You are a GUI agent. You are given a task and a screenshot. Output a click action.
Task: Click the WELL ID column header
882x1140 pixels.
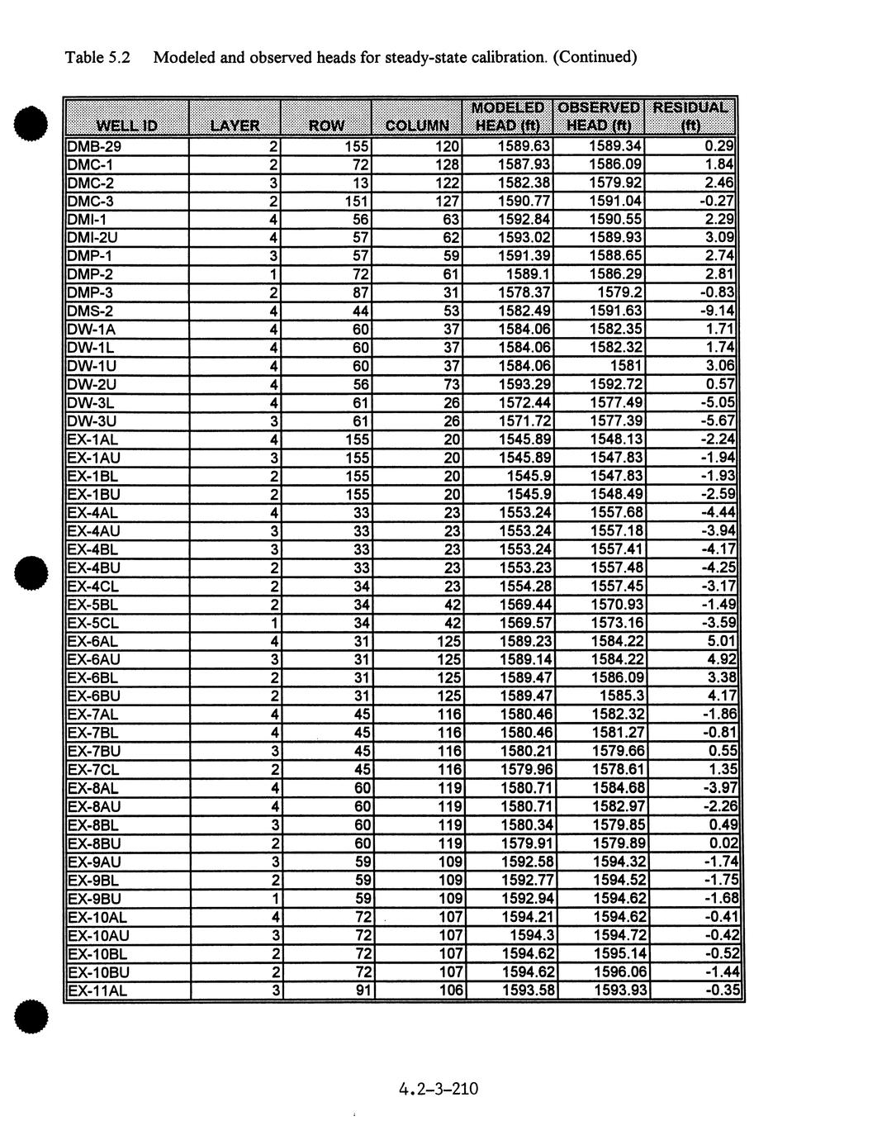tap(127, 126)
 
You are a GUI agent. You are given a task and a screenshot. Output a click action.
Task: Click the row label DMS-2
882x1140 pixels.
tap(91, 311)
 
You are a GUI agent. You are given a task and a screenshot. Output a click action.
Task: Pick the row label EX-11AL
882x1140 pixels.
tap(97, 990)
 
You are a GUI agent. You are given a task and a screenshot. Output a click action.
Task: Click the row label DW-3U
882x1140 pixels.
tap(92, 420)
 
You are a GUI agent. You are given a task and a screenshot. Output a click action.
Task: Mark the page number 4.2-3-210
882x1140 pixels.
tap(438, 1089)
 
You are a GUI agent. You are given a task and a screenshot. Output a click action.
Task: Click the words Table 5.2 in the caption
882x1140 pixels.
tap(97, 58)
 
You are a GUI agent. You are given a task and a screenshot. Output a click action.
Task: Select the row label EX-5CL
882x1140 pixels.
tap(92, 622)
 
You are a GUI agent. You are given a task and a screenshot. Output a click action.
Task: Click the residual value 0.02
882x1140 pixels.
tap(723, 843)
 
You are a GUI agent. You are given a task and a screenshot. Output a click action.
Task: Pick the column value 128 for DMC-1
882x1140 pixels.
tap(447, 164)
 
